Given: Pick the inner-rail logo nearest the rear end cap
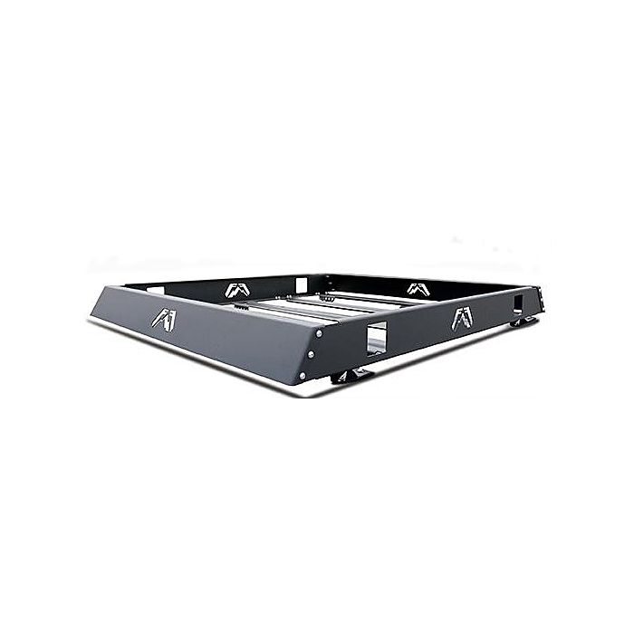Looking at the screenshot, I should (x=417, y=288).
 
